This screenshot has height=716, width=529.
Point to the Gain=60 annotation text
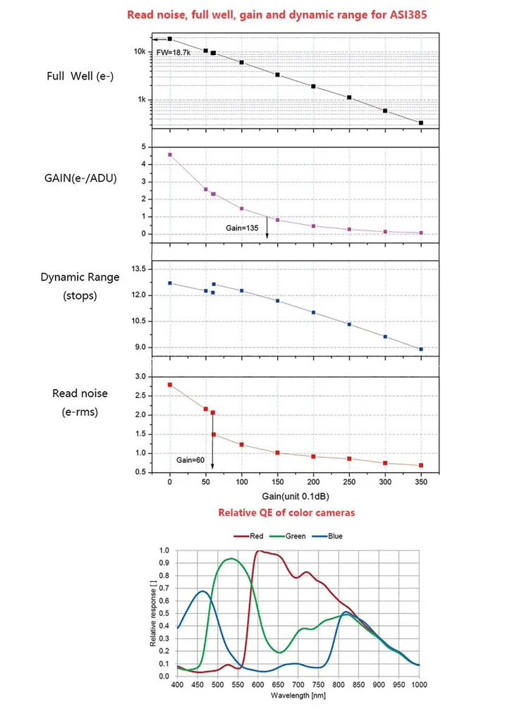190,459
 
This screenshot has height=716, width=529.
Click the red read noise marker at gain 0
170,385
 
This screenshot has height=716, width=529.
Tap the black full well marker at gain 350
421,123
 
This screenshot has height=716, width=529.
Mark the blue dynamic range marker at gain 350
421,349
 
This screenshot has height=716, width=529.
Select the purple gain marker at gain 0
170,154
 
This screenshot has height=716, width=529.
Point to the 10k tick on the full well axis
140,52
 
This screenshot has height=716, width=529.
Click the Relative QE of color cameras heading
286,512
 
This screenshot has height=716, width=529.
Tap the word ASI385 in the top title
376,15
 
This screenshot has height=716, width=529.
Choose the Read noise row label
75,393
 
